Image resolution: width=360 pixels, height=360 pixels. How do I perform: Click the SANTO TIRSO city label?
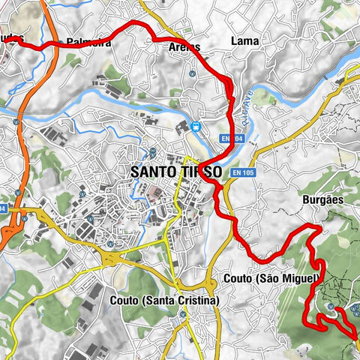point(175,172)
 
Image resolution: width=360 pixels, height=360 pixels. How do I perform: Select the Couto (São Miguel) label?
point(271,279)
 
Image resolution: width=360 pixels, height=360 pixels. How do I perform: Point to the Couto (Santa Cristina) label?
point(163,300)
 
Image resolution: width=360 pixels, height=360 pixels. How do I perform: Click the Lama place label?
point(244,40)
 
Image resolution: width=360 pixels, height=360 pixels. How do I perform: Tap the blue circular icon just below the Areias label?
point(193,73)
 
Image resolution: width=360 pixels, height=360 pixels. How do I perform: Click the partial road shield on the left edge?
point(3,208)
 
